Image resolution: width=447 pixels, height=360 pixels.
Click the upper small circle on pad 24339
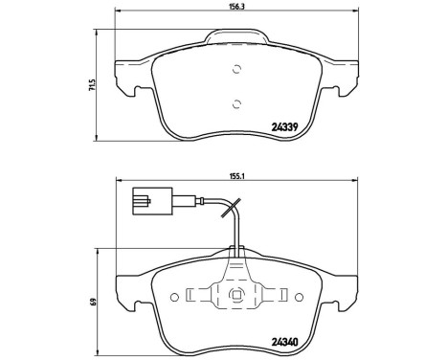235,70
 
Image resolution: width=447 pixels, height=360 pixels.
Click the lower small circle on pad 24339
235,105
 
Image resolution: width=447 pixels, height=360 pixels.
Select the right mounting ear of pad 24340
343,287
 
